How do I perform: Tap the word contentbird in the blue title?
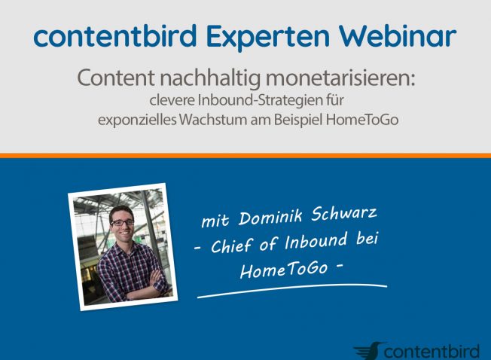tap(115, 36)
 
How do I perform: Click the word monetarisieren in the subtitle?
tap(340, 78)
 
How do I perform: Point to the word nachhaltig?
tap(210, 78)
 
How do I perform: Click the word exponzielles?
tap(138, 121)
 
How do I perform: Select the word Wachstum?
tap(214, 120)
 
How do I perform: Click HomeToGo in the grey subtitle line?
tap(362, 120)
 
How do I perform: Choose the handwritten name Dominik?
tap(270, 217)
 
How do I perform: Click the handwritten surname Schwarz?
tap(344, 213)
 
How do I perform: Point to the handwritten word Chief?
tap(232, 246)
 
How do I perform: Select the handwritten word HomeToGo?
tap(284, 269)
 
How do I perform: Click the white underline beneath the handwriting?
tap(292, 289)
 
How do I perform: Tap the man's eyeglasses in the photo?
tap(122, 222)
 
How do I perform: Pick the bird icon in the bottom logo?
tap(369, 351)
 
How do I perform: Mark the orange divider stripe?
tap(245, 156)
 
